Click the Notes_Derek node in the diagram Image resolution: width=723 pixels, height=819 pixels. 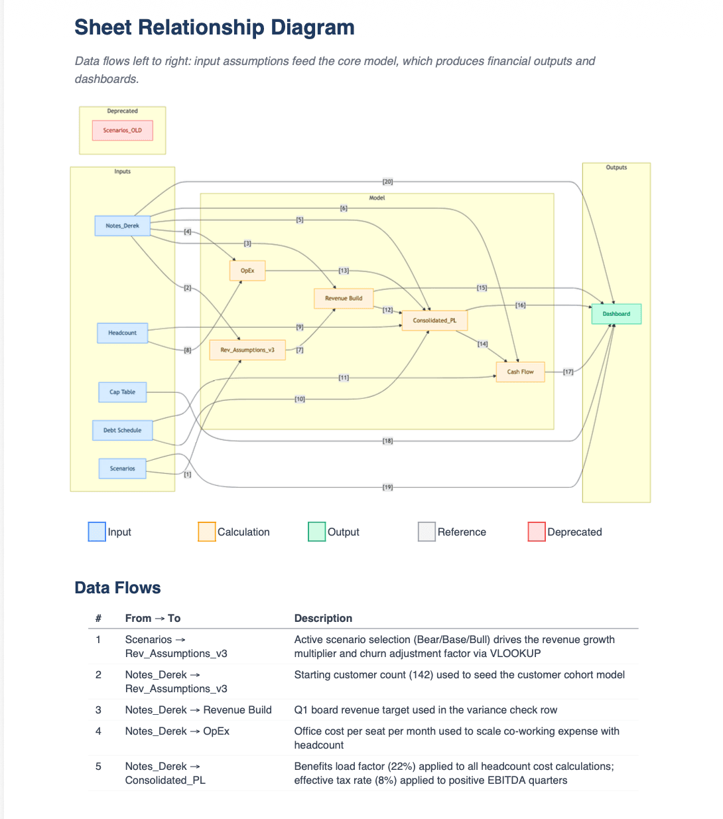(x=123, y=226)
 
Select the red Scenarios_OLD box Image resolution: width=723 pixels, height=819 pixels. (x=123, y=130)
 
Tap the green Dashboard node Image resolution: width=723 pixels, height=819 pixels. (x=616, y=314)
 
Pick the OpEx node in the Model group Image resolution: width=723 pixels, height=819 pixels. (x=247, y=271)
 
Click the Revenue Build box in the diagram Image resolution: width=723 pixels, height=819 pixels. (x=344, y=299)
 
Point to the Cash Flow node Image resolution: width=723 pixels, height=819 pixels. (x=520, y=372)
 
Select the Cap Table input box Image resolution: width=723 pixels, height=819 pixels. (x=122, y=392)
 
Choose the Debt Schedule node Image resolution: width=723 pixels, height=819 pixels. (x=122, y=430)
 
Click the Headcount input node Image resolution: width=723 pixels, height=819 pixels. (x=122, y=333)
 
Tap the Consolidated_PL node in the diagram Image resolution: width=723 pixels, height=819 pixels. (x=434, y=321)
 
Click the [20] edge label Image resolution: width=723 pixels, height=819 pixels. (x=387, y=181)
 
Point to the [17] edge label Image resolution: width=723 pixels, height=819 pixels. (x=568, y=372)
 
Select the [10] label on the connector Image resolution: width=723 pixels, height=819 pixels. (x=300, y=399)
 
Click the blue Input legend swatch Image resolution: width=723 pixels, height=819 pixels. (x=97, y=532)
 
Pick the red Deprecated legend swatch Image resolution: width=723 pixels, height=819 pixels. (x=537, y=532)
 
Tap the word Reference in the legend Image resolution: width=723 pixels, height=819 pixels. (x=462, y=532)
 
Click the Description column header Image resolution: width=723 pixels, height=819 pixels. (x=323, y=618)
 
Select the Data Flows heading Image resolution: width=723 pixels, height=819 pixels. (x=117, y=587)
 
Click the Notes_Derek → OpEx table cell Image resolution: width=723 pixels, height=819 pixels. (x=177, y=731)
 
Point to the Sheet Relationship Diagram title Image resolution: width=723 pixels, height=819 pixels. (x=214, y=27)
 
